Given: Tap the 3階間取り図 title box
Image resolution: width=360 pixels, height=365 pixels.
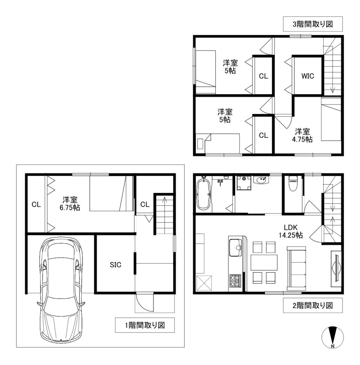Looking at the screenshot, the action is coord(313,24).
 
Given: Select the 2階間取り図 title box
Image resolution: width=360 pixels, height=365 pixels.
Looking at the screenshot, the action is coord(313,305).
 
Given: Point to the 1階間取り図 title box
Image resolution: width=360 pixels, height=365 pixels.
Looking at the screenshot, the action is coord(145,325).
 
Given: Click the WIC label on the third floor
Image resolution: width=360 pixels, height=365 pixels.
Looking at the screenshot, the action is coord(307,76).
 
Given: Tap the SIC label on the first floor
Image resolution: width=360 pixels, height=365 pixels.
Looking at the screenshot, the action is coord(115,265).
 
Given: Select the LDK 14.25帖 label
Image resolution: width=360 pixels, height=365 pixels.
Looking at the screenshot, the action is coord(291,231).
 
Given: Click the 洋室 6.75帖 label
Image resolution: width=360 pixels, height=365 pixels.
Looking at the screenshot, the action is coord(70,203).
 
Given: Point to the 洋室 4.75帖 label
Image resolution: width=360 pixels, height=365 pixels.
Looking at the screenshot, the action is coord(302,135).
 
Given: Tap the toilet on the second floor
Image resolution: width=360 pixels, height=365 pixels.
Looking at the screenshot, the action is coord(293,183).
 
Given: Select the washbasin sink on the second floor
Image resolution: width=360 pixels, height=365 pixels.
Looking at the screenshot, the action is coord(261,180).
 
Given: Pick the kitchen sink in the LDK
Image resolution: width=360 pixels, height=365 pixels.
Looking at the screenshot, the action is coord(236,247).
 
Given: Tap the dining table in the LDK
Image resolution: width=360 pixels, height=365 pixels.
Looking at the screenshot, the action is coord(264,262).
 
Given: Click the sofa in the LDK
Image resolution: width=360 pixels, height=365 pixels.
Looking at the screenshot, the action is coord(297,267).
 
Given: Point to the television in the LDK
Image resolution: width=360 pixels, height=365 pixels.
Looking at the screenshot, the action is coord(337,269).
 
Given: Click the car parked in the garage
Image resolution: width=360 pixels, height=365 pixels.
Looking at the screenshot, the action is coord(61,290).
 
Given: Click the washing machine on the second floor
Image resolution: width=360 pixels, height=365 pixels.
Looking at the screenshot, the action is coord(244,183).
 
